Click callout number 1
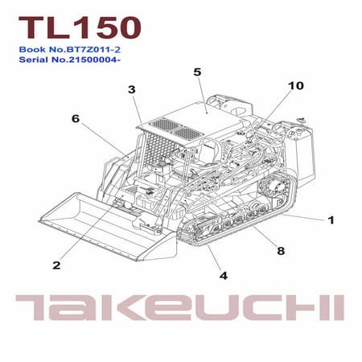(x=331, y=220)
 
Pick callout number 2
(x=56, y=265)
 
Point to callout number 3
(x=132, y=90)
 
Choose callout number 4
(x=224, y=275)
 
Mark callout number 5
(x=197, y=72)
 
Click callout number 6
(x=76, y=118)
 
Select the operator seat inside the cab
(x=211, y=150)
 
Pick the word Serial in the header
(x=35, y=60)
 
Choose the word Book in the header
(x=31, y=49)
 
